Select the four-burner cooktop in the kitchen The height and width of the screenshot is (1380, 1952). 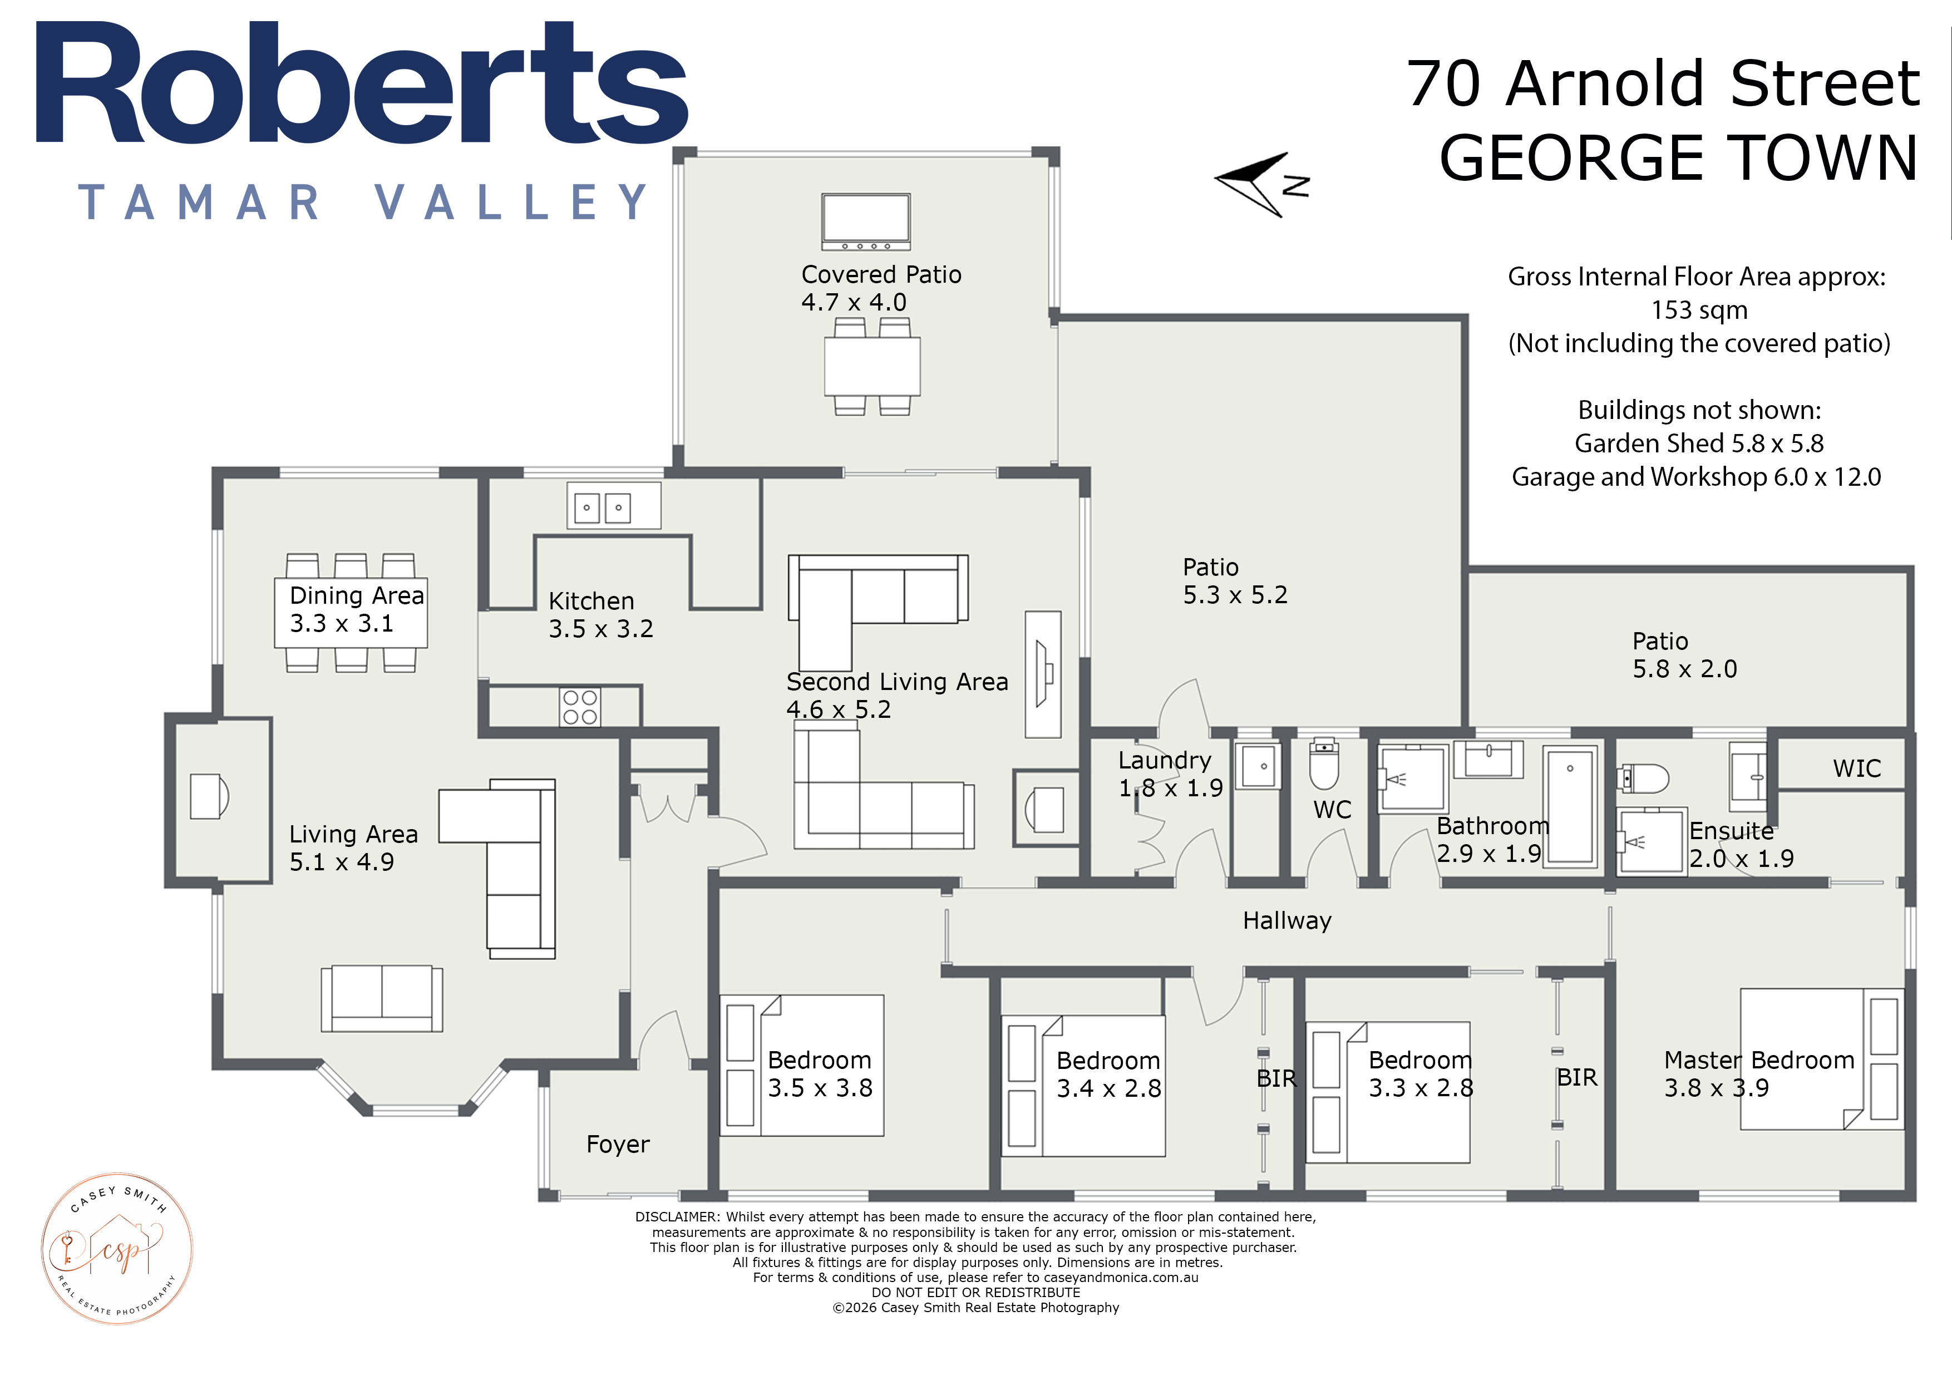[x=580, y=707]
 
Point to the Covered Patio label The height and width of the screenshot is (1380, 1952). [x=881, y=275]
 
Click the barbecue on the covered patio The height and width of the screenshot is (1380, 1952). [x=865, y=221]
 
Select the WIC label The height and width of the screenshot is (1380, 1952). [x=1857, y=768]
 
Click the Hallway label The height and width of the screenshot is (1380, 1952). [x=1287, y=921]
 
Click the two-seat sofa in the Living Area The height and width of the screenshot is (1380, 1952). [x=382, y=998]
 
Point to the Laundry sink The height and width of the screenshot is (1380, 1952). [x=1258, y=767]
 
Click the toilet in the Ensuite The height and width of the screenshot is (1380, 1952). [x=1642, y=777]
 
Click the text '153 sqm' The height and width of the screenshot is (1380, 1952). [x=1699, y=310]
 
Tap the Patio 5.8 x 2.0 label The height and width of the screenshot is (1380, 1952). [x=1684, y=655]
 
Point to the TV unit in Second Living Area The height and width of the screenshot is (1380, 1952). [x=1043, y=674]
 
